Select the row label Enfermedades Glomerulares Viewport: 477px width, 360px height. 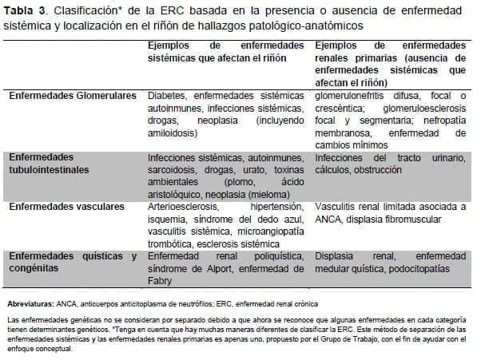coord(73,95)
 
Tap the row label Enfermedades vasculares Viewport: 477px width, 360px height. coord(67,206)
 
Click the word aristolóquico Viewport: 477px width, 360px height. coord(176,194)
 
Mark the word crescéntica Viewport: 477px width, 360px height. coord(340,108)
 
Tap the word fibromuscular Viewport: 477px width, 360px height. coord(424,219)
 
